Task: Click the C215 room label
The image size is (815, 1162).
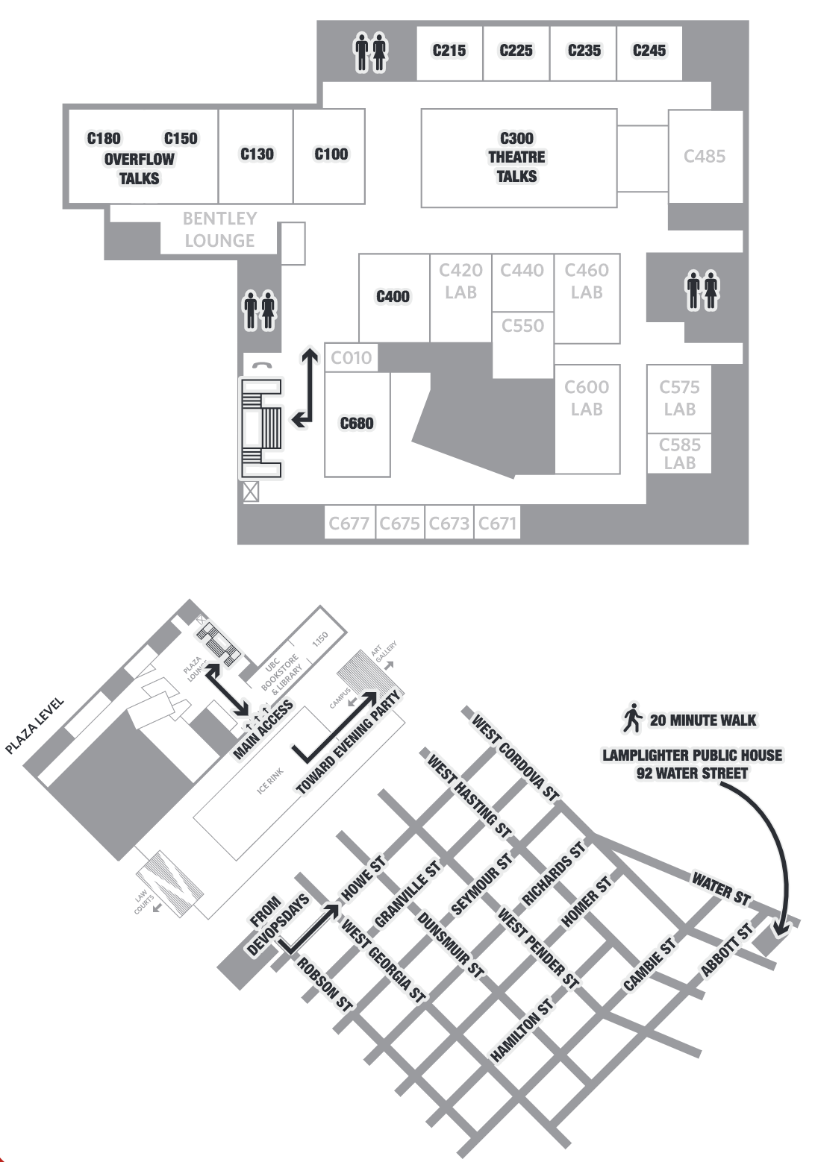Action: [x=449, y=50]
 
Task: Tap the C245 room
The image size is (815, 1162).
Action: [x=649, y=54]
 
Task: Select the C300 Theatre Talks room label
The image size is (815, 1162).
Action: [x=516, y=157]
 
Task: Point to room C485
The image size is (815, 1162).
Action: [x=705, y=157]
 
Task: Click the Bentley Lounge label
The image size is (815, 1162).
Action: [x=219, y=229]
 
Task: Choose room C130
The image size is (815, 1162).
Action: [x=256, y=156]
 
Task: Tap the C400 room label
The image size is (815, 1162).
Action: [x=393, y=296]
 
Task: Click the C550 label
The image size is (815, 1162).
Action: [x=522, y=325]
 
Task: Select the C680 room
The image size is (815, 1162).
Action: [x=357, y=424]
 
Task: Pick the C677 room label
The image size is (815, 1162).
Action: [x=349, y=523]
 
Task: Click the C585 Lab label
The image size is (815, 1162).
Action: [x=679, y=453]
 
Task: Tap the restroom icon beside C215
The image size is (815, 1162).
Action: [x=371, y=51]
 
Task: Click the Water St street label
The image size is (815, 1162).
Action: [x=721, y=889]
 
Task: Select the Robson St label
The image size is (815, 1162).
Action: [x=325, y=984]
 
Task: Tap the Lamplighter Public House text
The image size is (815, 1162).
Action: [x=692, y=755]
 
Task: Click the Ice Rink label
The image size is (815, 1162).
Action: [x=270, y=781]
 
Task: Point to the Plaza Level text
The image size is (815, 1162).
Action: [x=34, y=726]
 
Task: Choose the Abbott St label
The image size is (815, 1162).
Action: [x=727, y=950]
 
